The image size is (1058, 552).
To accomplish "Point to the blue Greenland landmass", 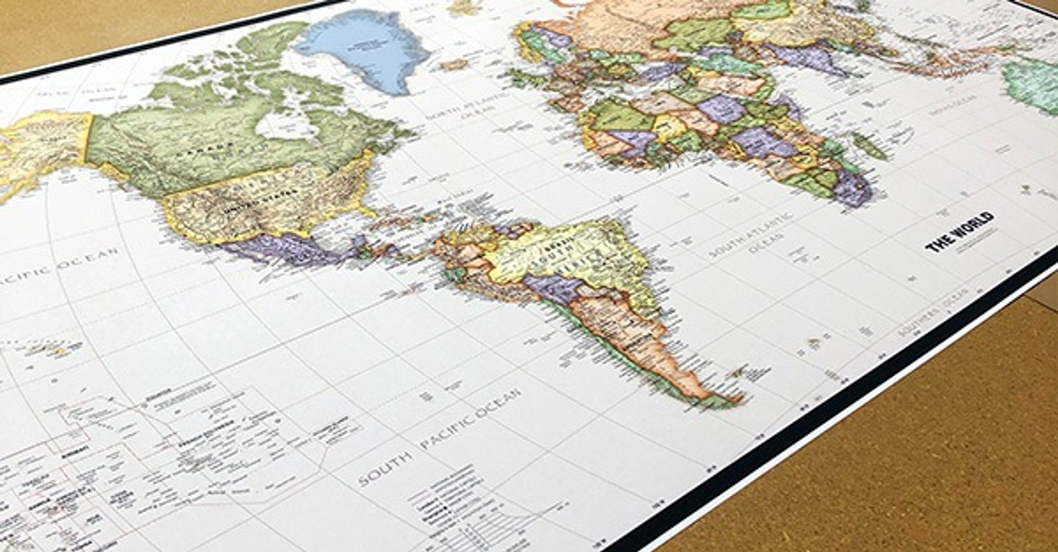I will [364, 50].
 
